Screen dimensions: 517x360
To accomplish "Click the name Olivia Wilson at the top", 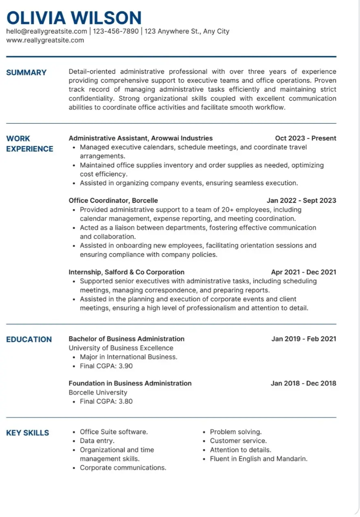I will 74,18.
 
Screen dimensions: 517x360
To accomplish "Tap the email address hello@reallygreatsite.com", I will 46,31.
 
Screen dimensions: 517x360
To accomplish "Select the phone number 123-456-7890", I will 116,31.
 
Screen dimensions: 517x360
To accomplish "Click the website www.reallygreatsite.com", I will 45,40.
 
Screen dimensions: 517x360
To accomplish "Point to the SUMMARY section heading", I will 26,73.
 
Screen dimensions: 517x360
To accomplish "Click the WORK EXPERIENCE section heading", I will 29,144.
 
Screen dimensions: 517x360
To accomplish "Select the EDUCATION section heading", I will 29,339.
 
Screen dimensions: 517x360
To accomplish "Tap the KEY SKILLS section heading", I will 27,433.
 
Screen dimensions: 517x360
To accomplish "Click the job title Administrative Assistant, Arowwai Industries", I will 140,138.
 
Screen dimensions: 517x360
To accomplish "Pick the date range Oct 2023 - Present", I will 305,138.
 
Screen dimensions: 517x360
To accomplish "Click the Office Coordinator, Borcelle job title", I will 113,200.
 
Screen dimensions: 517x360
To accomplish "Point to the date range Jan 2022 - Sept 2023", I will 301,200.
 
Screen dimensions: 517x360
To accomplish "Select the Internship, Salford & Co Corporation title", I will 126,272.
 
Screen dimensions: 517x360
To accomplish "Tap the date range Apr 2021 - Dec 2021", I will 303,272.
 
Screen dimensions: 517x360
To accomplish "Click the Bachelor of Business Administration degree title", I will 126,339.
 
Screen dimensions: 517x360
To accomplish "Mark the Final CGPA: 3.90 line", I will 106,366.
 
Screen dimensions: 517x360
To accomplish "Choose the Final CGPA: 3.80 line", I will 106,401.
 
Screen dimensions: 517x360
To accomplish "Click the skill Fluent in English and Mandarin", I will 258,459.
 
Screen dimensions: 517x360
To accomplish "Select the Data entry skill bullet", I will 97,441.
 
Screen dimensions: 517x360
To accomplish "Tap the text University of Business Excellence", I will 121,348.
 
